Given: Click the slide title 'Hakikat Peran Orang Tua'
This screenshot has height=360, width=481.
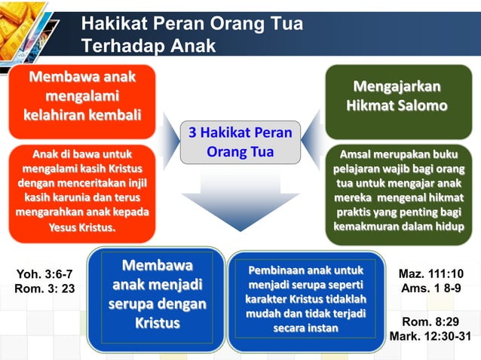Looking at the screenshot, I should [x=192, y=24].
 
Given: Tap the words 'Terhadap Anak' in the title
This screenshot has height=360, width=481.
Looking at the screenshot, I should [x=149, y=46].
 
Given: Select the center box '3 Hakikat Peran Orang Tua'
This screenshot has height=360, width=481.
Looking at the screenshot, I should [x=239, y=142].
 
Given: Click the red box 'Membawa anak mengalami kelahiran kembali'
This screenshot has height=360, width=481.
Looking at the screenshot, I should [x=82, y=97].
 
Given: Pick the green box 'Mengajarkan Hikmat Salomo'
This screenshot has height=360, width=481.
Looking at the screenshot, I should [x=397, y=96].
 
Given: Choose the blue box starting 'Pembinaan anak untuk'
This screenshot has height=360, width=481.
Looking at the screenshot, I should [x=305, y=299].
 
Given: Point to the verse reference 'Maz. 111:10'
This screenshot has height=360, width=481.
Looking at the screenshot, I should [x=431, y=273].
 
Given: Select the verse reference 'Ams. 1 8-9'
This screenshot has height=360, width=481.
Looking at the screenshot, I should [x=431, y=288].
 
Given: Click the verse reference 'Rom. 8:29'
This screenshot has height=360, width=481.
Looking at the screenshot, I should [x=431, y=322].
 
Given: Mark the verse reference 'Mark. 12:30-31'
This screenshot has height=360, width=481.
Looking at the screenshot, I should [x=430, y=337].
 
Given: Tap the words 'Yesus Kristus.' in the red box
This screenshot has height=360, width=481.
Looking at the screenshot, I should [x=82, y=227].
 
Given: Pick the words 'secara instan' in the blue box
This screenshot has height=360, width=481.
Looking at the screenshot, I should [x=305, y=328].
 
